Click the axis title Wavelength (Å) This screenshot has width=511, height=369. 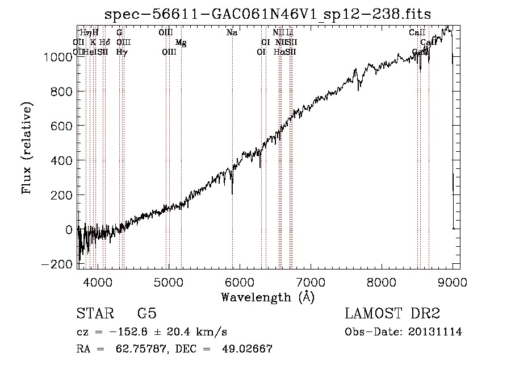pyautogui.click(x=267, y=297)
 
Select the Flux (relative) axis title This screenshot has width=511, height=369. pyautogui.click(x=27, y=148)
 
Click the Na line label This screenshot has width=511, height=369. pyautogui.click(x=232, y=33)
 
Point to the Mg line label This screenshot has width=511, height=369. pyautogui.click(x=181, y=43)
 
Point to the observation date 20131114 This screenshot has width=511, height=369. pyautogui.click(x=435, y=332)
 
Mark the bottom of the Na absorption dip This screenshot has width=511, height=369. pyautogui.click(x=232, y=194)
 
